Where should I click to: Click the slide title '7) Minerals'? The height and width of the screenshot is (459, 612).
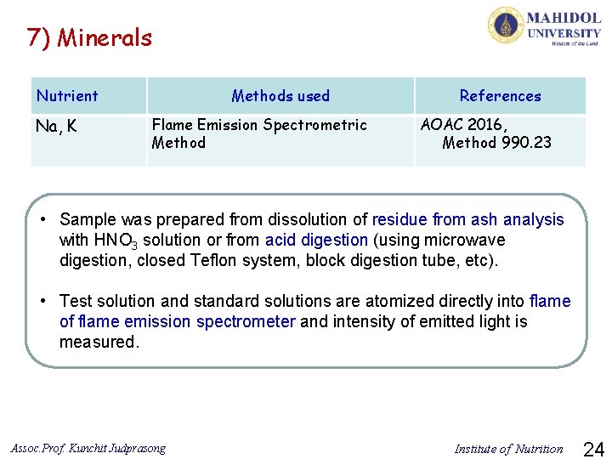point(89,37)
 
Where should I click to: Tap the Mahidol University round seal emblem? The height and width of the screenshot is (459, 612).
point(505,25)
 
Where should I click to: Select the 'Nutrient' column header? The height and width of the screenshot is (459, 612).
point(67,96)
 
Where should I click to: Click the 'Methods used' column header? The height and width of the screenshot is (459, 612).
point(280,96)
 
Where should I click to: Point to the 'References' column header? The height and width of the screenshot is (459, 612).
point(500,96)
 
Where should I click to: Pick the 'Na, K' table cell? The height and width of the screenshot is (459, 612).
point(56,127)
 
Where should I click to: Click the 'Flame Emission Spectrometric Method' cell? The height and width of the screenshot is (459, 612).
point(258,133)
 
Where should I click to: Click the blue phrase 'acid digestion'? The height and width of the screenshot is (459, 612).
point(316,240)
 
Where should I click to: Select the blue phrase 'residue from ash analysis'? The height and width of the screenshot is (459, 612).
point(467,219)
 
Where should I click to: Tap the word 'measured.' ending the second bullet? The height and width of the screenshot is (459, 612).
point(98,342)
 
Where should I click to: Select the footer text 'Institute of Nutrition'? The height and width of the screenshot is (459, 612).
point(508,449)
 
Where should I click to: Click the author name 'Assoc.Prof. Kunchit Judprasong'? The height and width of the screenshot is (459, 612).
point(88,448)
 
